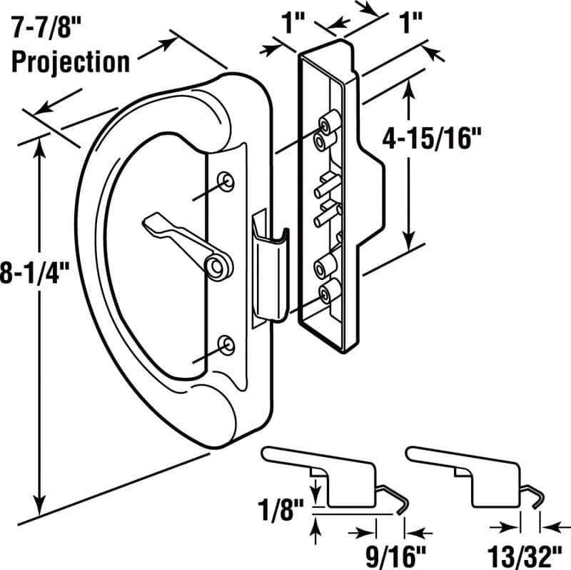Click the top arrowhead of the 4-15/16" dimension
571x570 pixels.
click(x=409, y=86)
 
